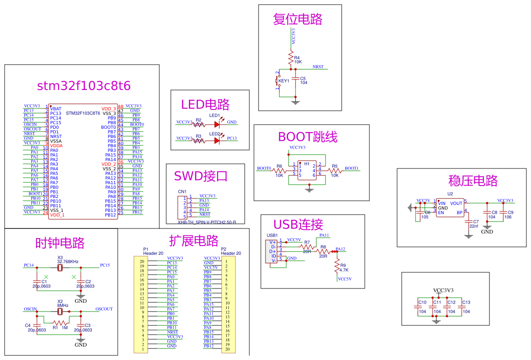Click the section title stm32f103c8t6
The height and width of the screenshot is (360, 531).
click(x=84, y=86)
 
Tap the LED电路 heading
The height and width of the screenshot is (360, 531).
click(x=205, y=105)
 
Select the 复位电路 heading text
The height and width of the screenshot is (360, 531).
click(x=297, y=19)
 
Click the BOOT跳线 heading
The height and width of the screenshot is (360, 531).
click(x=308, y=137)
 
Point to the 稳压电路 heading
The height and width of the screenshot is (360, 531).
click(x=473, y=180)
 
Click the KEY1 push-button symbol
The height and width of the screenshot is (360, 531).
click(x=278, y=81)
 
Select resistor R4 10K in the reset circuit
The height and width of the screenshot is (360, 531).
click(x=291, y=59)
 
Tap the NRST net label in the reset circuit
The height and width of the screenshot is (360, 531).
click(x=318, y=67)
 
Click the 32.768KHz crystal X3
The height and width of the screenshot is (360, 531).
click(x=60, y=267)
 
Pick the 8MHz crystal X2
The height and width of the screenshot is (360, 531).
click(x=60, y=311)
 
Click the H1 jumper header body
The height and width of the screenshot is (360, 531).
click(x=307, y=169)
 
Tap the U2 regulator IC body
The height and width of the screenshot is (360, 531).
click(x=450, y=208)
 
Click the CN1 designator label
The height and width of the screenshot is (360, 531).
click(x=182, y=192)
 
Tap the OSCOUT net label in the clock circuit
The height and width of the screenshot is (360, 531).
click(x=104, y=309)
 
